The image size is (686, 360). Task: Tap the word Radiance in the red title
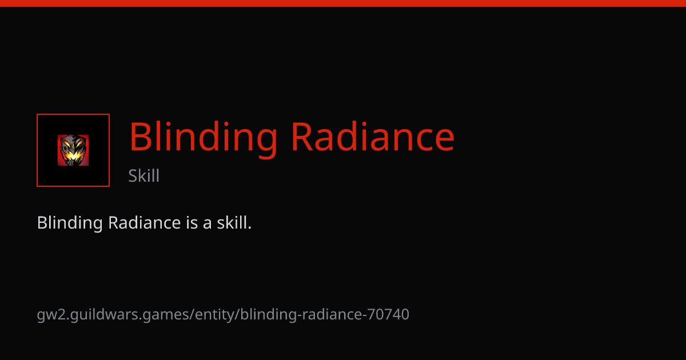tap(373, 137)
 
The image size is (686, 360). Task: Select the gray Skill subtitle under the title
tap(143, 175)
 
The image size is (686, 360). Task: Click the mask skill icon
tap(73, 150)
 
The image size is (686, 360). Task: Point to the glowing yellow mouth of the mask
tap(73, 156)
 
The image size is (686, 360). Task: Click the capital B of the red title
tap(139, 137)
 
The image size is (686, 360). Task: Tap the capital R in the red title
tap(302, 137)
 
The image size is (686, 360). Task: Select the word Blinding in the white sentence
tap(70, 223)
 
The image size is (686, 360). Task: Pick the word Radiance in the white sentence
tap(144, 222)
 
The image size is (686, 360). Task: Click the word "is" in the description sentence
tap(192, 222)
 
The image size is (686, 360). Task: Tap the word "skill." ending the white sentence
tap(234, 222)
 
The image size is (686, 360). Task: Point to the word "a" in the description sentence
tap(208, 224)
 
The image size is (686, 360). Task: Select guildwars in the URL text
tap(104, 315)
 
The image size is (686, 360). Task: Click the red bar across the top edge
tap(343, 3)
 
